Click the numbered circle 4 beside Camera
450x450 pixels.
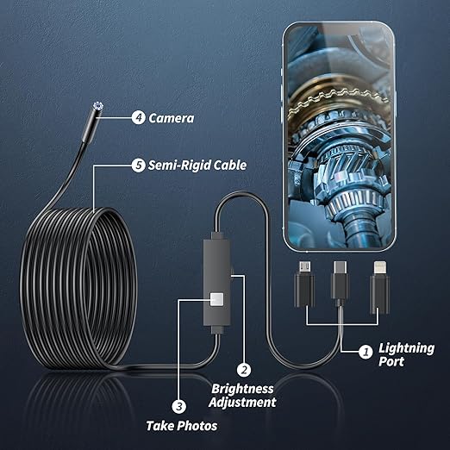click(138, 118)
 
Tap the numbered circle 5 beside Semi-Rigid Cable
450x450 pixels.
click(138, 166)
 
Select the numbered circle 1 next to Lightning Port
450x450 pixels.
click(366, 352)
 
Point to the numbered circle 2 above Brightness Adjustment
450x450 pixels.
click(244, 370)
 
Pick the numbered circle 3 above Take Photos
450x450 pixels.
click(179, 407)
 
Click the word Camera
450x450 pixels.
click(172, 118)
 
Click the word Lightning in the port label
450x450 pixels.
click(406, 348)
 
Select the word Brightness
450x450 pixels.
click(242, 389)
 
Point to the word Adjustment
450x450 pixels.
click(242, 402)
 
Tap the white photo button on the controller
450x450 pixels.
click(217, 299)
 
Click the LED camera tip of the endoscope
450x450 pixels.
click(97, 106)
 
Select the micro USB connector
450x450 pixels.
click(304, 283)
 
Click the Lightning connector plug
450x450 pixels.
click(379, 287)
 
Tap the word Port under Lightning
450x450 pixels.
click(391, 361)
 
